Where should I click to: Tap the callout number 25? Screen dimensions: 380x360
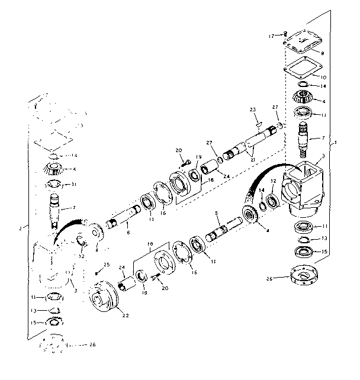(107, 264)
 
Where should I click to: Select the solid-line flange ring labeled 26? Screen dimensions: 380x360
(303, 277)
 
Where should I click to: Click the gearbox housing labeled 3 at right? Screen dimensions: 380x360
(304, 186)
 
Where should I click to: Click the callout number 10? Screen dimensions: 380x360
(322, 77)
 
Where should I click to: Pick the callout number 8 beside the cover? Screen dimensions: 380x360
(322, 53)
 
